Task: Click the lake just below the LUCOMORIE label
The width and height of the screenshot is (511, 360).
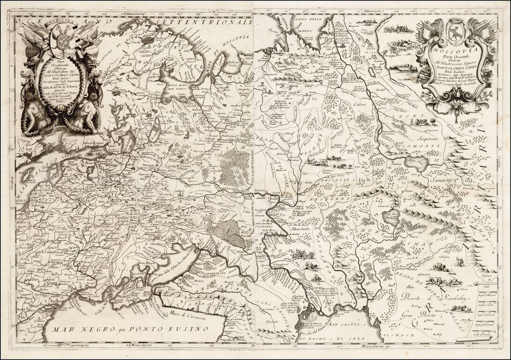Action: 416,164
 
